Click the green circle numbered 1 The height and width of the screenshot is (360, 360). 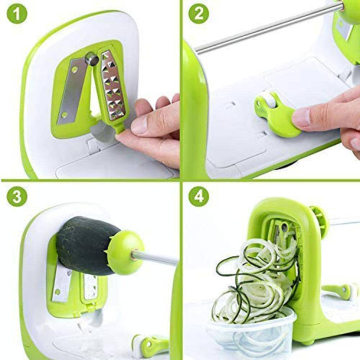tap(17, 13)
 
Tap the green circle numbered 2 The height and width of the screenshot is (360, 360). tap(199, 13)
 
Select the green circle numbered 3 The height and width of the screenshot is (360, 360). tap(17, 197)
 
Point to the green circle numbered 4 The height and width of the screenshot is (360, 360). tap(199, 197)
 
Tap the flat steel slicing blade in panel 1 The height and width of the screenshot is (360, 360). tap(71, 90)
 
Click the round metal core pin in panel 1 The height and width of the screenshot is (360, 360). tap(92, 59)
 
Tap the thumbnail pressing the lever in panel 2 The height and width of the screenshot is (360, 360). tap(302, 116)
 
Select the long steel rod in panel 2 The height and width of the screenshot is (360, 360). tap(268, 27)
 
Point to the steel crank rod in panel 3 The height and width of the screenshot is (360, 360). tap(155, 257)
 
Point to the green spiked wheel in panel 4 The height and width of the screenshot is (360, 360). tap(318, 216)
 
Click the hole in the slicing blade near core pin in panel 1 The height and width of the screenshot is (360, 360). tap(74, 69)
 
